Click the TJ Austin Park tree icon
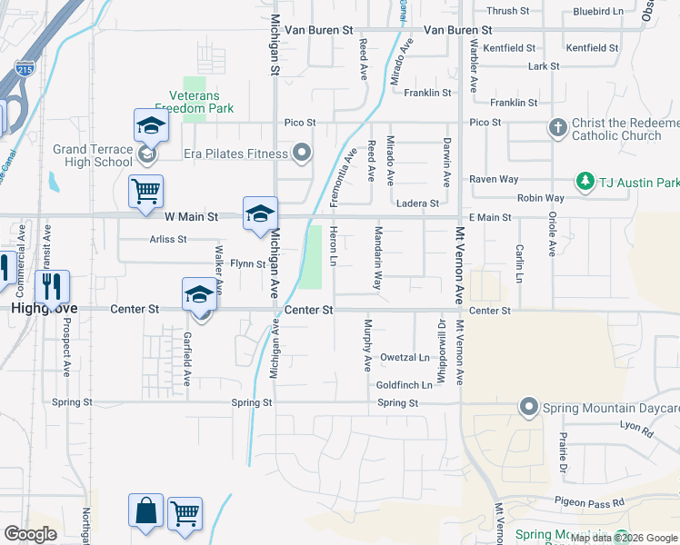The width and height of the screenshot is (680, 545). tap(585, 182)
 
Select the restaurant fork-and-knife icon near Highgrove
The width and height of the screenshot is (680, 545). tap(52, 286)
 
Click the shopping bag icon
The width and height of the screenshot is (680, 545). tap(145, 510)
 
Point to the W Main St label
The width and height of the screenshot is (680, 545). tap(191, 217)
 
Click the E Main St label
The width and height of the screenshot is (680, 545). tap(490, 217)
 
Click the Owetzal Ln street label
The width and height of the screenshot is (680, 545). tap(405, 357)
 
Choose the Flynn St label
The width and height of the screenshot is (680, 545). tap(246, 264)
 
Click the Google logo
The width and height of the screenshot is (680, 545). tap(31, 534)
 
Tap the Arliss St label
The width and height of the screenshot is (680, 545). tap(168, 240)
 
